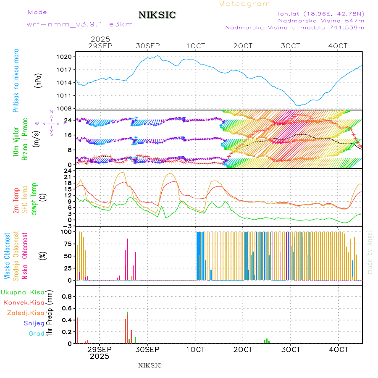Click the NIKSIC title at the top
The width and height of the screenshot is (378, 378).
click(x=157, y=15)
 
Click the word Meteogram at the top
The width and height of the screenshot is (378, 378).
click(x=244, y=4)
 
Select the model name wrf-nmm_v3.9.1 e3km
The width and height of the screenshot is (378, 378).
click(x=79, y=24)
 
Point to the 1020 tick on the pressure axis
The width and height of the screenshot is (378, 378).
click(x=66, y=57)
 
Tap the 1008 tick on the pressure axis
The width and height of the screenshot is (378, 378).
click(x=66, y=108)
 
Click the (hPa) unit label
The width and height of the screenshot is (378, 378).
click(x=39, y=80)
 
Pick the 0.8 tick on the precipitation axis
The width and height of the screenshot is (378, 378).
click(x=67, y=296)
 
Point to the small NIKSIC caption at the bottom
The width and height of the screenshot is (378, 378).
click(x=150, y=365)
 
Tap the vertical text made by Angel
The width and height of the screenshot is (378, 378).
click(x=370, y=252)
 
